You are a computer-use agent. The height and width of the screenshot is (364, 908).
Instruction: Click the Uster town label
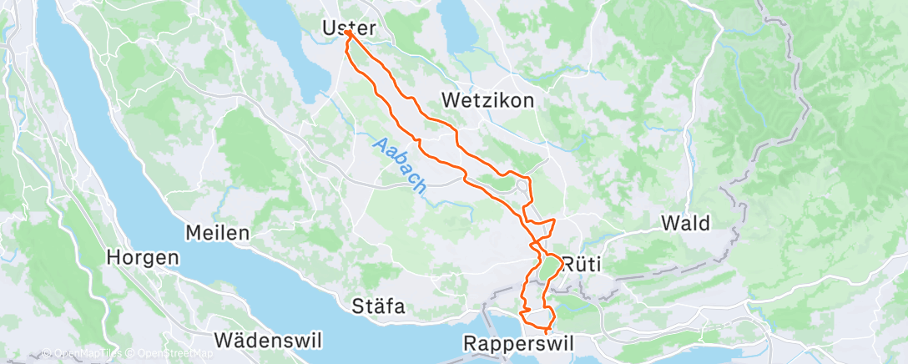[x=349, y=28]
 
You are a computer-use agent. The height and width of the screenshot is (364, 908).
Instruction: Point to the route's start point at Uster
[x=346, y=34]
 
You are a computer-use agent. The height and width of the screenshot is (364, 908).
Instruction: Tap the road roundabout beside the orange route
[x=523, y=186]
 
